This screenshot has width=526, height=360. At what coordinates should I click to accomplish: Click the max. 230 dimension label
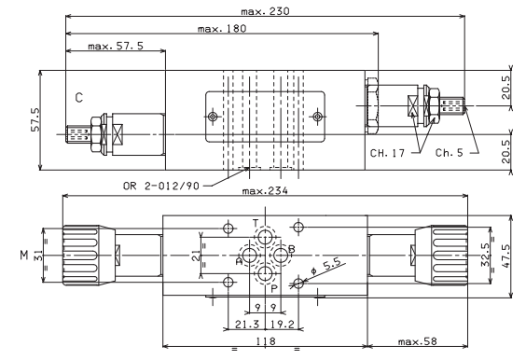tap(265, 11)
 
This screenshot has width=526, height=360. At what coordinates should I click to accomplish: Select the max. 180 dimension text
tap(222, 29)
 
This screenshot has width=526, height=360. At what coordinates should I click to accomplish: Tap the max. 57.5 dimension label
tap(116, 46)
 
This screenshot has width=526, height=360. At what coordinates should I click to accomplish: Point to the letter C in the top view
tap(79, 98)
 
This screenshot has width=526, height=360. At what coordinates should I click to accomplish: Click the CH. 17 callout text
tap(387, 153)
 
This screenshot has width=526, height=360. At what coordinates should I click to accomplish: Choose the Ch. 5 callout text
tap(450, 153)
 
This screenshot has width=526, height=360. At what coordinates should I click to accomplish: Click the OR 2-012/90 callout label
tap(161, 186)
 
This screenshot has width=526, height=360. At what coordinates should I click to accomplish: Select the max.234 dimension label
tap(265, 191)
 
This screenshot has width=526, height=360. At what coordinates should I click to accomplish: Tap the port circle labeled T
tap(265, 237)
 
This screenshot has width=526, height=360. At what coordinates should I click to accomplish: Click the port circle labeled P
tap(265, 274)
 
